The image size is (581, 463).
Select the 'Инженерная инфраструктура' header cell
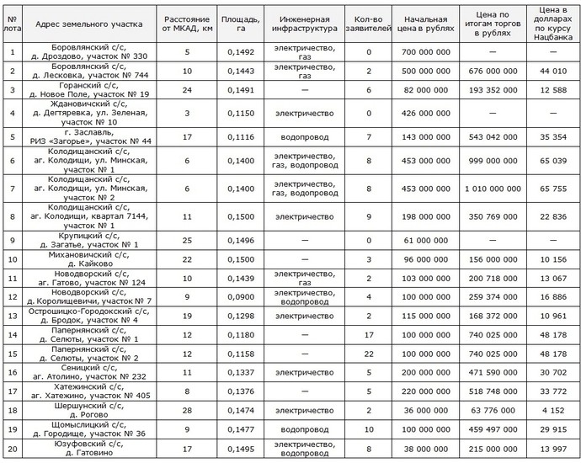pos(304,22)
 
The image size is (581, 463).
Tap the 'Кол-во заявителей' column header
pos(369,22)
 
